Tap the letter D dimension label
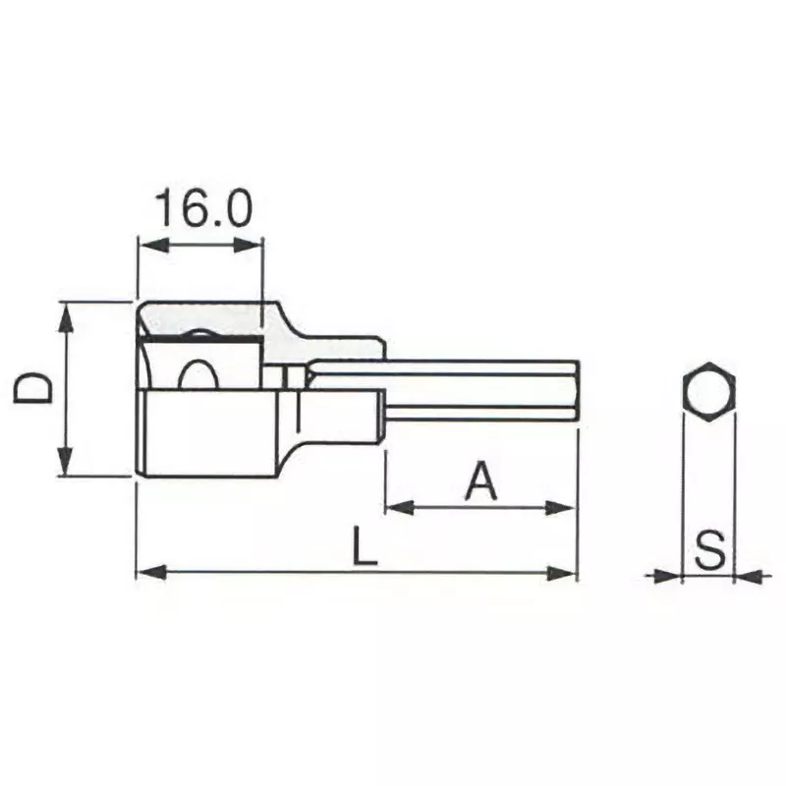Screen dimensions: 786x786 [x=33, y=389]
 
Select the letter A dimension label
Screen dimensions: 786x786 [x=479, y=481]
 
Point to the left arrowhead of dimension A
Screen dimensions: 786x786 [x=396, y=508]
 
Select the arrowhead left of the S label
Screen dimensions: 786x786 [x=669, y=575]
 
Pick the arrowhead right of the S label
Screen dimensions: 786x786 [x=746, y=575]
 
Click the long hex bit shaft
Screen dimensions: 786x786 [x=472, y=390]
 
